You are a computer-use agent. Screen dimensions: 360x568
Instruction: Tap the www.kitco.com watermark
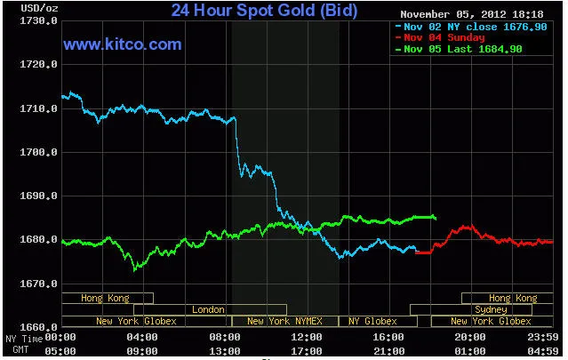[x=123, y=44]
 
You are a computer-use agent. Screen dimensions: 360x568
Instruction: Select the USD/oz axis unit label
[x=22, y=8]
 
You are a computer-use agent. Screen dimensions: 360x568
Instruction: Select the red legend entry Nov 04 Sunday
[x=444, y=37]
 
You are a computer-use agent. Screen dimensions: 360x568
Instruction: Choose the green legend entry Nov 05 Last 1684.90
[x=462, y=48]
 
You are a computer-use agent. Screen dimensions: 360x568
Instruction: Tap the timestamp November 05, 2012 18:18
[x=472, y=14]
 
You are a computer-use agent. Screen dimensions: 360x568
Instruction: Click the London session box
[x=208, y=309]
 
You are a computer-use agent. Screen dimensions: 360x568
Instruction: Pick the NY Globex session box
[x=372, y=321]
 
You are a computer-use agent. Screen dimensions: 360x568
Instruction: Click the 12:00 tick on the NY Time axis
[x=307, y=337]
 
